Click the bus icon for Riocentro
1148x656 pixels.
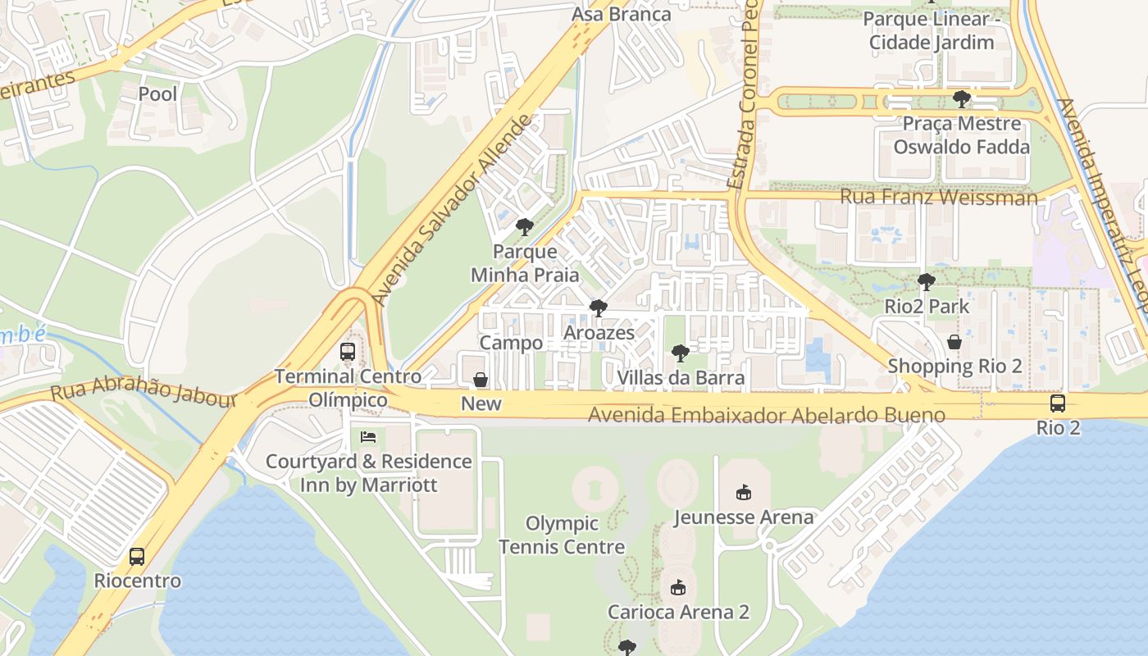(137, 557)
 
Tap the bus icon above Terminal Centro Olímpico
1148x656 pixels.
(348, 353)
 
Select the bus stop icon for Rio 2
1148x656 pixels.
(1058, 403)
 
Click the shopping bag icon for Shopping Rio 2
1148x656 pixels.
(954, 342)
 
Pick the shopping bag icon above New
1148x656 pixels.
(481, 380)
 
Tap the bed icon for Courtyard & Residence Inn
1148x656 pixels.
(368, 437)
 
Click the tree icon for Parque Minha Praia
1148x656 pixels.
(525, 227)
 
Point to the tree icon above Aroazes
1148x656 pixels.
(599, 309)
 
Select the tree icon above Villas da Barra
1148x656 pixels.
(680, 353)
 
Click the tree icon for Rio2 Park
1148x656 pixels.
(927, 283)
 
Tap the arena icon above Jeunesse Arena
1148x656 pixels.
(743, 493)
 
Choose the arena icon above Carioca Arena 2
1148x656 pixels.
(678, 588)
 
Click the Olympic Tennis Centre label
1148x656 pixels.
(562, 535)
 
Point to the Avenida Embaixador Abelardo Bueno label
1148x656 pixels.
(766, 415)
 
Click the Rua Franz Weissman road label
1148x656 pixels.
(938, 198)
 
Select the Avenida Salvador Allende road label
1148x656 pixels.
(452, 211)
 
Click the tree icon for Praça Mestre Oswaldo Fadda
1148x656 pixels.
(962, 100)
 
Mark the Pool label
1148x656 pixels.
(157, 94)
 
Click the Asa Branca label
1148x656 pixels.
(621, 14)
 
